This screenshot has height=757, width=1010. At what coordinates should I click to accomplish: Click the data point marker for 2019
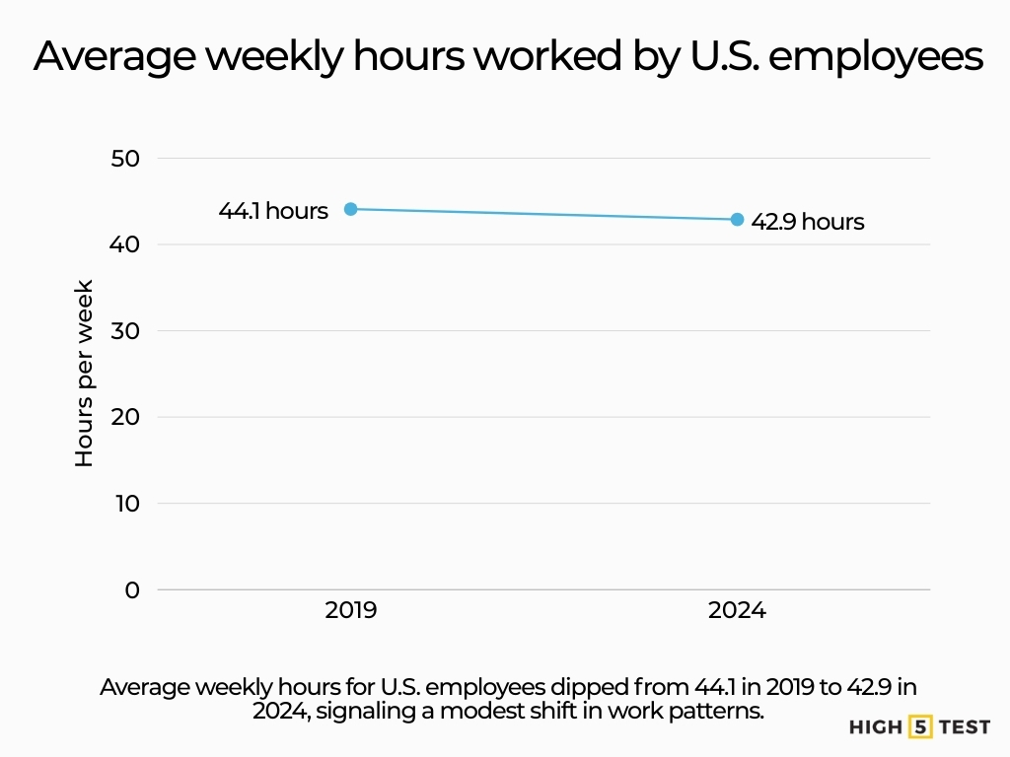(350, 209)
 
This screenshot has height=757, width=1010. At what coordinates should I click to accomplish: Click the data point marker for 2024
(737, 219)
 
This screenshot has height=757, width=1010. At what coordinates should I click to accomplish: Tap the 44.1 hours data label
(273, 211)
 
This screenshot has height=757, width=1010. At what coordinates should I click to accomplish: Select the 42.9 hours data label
(808, 222)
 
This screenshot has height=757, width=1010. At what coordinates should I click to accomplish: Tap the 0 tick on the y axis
(133, 589)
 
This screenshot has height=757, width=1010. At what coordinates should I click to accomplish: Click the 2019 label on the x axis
(350, 611)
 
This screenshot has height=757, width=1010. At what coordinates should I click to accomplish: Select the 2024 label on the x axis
(737, 611)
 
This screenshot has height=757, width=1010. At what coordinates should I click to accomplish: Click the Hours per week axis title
(85, 374)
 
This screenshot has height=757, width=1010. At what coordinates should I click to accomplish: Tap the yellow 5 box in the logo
(920, 727)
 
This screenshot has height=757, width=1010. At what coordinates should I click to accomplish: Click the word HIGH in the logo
(876, 727)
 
